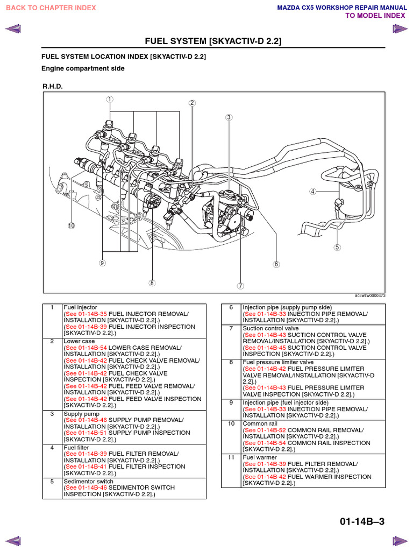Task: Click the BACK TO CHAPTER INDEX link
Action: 51,8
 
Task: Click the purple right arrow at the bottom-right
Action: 400,540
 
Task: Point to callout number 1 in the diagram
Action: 109,99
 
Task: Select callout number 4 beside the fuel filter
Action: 312,191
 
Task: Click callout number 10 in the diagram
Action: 71,225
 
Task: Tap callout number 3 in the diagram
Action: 229,117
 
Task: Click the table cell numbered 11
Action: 231,457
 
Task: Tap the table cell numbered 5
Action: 52,481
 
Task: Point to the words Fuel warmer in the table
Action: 260,457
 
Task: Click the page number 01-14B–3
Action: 362,521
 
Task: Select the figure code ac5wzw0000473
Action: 370,295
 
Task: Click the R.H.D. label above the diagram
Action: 53,86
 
